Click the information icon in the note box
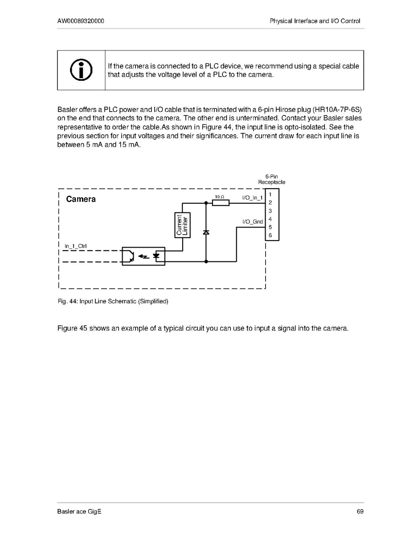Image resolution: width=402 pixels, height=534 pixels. [x=81, y=70]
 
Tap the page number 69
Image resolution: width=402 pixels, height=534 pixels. [x=360, y=511]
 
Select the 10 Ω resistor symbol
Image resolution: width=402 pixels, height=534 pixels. [x=221, y=203]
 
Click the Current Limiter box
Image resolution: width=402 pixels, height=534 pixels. [x=183, y=225]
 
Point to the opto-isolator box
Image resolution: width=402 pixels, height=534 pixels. [x=144, y=256]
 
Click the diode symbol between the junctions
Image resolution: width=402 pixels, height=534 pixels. [x=206, y=232]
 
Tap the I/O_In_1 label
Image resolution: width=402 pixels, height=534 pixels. [x=252, y=197]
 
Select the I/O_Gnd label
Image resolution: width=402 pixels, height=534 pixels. [x=252, y=221]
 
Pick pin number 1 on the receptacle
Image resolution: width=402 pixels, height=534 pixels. [x=271, y=195]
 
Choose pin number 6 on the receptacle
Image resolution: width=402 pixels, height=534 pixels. [x=271, y=236]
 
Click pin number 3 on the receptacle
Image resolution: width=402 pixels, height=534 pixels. [x=271, y=211]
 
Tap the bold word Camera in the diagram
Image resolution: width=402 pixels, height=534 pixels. [x=81, y=199]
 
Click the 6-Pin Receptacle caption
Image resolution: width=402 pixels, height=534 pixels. [x=271, y=179]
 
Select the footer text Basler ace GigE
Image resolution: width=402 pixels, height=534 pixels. [x=79, y=511]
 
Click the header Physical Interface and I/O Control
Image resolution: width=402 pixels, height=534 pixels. [x=315, y=21]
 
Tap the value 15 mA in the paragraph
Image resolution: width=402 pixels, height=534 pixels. [x=129, y=145]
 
